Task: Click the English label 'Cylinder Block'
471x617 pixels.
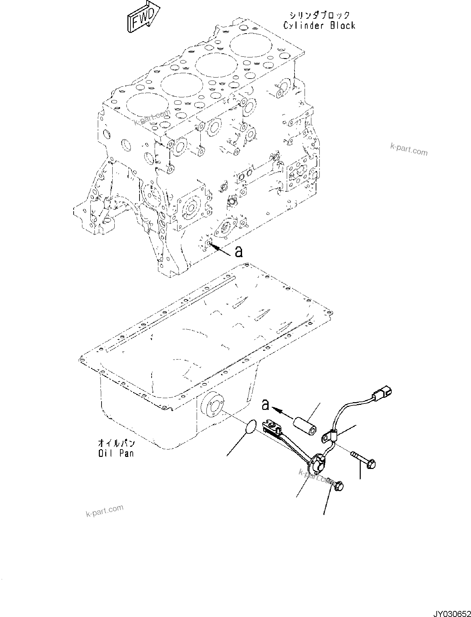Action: click(319, 26)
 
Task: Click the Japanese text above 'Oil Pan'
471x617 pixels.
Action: click(116, 443)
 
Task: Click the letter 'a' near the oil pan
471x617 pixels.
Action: click(265, 405)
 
